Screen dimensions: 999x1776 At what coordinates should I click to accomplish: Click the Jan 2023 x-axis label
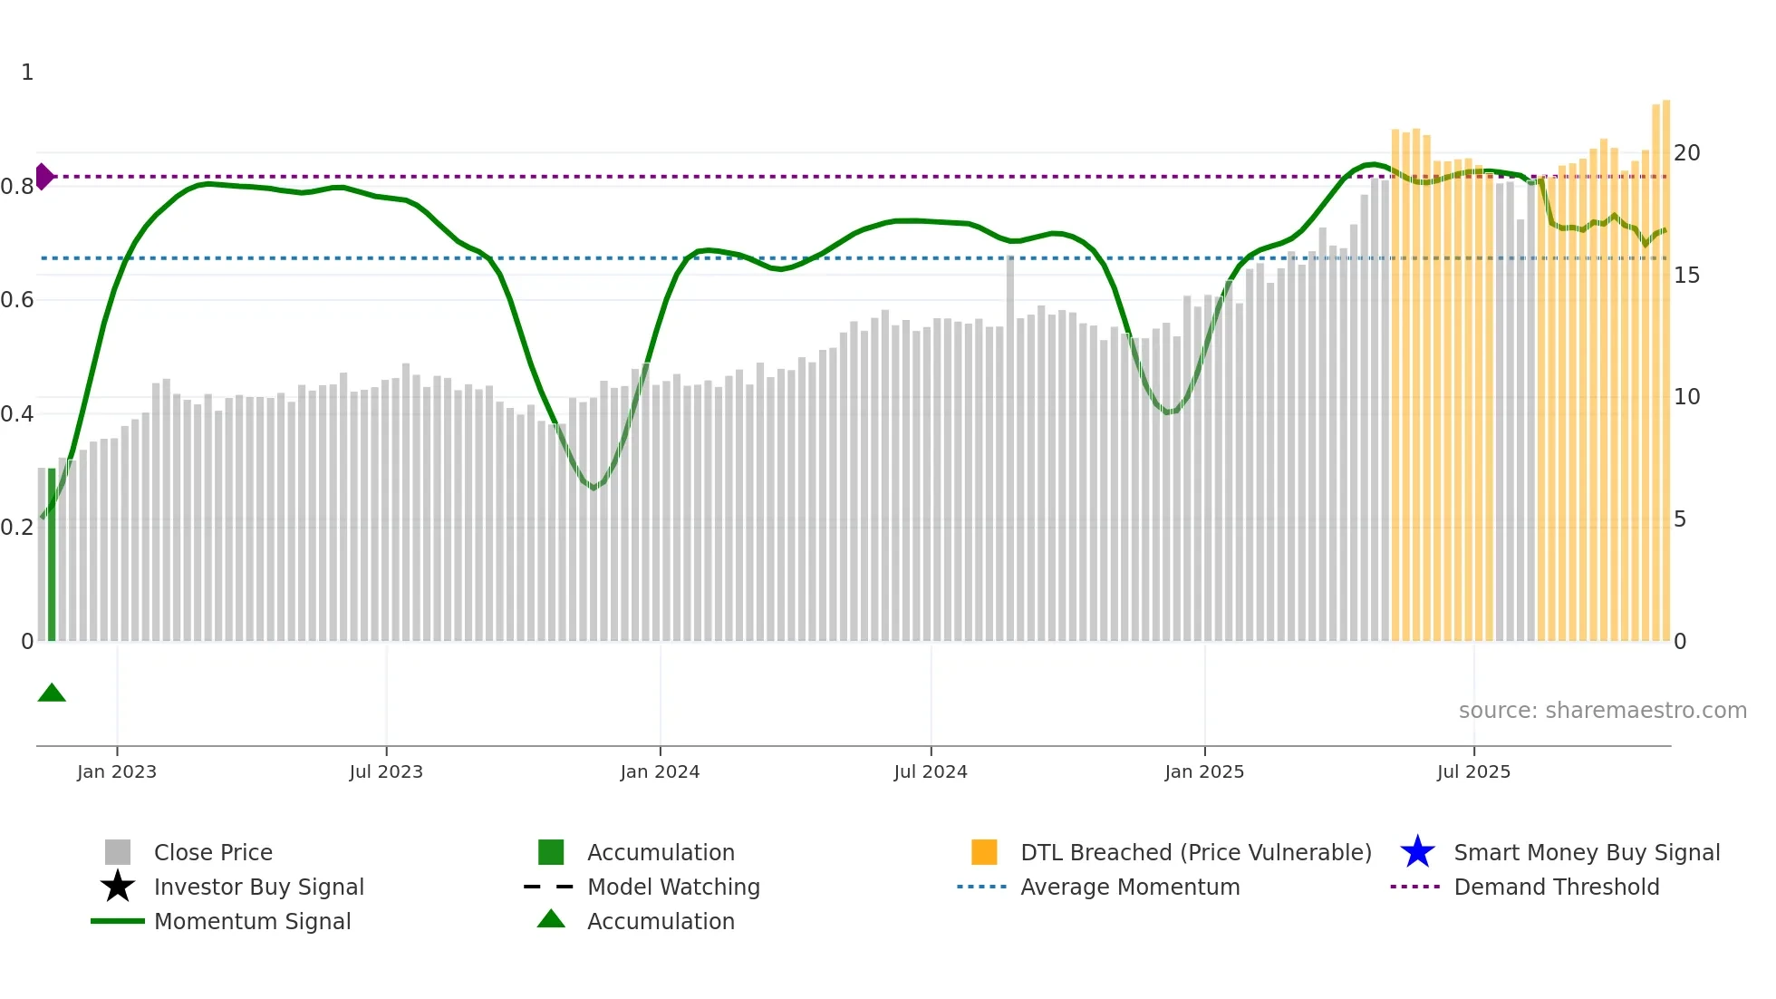(x=117, y=771)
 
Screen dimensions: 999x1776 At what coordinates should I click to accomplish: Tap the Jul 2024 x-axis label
(x=931, y=771)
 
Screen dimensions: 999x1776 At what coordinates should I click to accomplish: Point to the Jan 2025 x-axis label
(x=1204, y=771)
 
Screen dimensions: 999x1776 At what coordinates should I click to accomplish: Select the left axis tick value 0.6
(x=17, y=299)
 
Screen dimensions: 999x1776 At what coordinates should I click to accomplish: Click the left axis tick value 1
(x=27, y=73)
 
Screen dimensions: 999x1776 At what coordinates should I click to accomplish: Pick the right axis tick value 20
(x=1686, y=152)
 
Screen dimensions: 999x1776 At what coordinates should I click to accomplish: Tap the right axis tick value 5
(x=1680, y=519)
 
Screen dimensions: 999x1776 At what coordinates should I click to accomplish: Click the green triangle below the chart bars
(x=52, y=693)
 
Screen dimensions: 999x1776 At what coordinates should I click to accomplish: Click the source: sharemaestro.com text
(x=1602, y=711)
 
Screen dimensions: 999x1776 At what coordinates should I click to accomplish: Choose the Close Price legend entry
(x=213, y=852)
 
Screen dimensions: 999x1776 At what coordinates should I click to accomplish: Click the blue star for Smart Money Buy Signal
(x=1417, y=852)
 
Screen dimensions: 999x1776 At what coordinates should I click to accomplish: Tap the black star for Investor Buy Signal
(x=118, y=887)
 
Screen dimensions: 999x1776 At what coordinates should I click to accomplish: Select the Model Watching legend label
(x=673, y=887)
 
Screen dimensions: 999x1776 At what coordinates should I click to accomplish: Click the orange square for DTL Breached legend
(x=984, y=852)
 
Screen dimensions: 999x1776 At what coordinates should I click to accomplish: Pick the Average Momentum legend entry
(x=1130, y=887)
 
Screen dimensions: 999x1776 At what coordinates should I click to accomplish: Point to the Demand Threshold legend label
(x=1556, y=887)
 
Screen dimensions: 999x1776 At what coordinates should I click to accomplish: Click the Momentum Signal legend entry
(x=252, y=921)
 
